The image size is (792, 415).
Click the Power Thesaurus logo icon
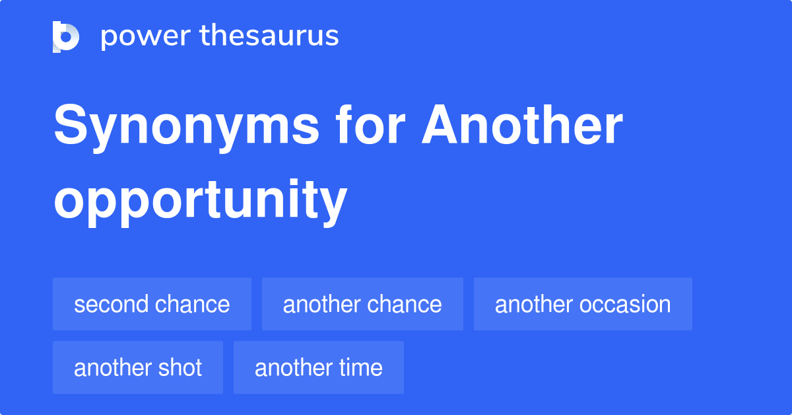[66, 36]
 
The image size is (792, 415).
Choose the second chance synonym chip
[152, 304]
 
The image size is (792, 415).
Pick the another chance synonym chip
[362, 304]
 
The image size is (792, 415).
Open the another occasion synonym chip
[583, 304]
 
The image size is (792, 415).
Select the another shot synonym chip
[138, 367]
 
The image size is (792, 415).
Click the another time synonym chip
[318, 367]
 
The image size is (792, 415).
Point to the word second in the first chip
[110, 304]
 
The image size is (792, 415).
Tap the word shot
[180, 367]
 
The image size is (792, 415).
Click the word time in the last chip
[360, 367]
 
